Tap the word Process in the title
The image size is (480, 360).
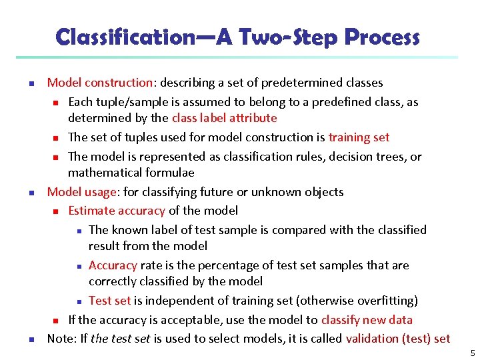point(381,37)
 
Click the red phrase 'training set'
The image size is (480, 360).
point(359,137)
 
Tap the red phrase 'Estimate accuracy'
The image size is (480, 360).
point(117,211)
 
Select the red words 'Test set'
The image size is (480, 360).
point(109,301)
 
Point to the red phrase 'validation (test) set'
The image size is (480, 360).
point(398,339)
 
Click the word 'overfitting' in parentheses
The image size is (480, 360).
point(383,301)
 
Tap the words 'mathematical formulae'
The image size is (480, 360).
point(131,173)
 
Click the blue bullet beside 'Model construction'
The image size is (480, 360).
point(31,83)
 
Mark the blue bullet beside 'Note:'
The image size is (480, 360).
point(31,339)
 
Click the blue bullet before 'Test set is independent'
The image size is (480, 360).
point(78,301)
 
